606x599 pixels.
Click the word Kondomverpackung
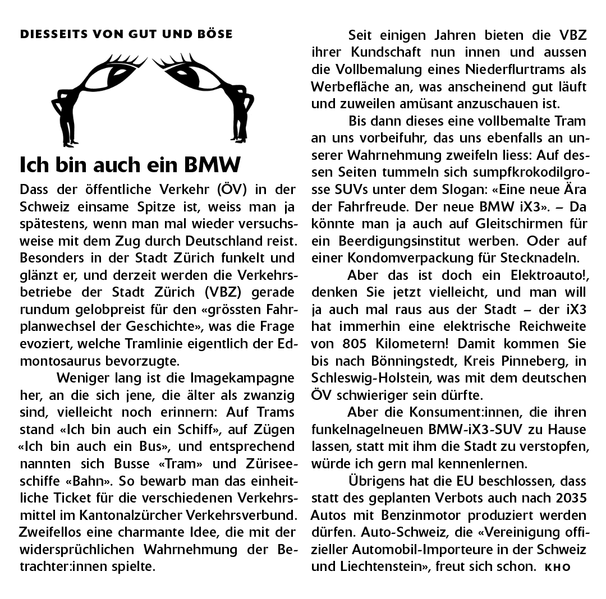[x=413, y=259]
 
